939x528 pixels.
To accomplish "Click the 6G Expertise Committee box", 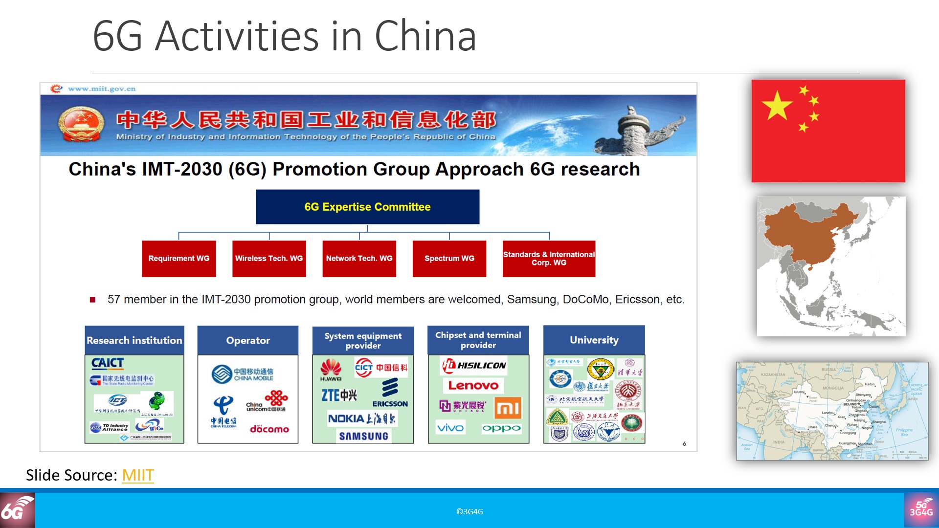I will [x=367, y=207].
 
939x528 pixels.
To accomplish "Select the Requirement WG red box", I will [x=179, y=258].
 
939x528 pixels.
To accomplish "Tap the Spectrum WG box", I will [x=449, y=258].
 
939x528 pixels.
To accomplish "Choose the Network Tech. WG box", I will [x=359, y=258].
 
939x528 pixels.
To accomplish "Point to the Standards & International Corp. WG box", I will [x=549, y=258].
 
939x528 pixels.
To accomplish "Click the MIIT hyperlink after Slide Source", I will [x=138, y=475].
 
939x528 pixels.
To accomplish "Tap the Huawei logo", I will [x=331, y=370].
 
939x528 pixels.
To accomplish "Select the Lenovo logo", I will [x=473, y=385].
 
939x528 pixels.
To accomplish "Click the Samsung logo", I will [x=363, y=436].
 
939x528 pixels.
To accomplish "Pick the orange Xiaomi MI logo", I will [x=508, y=408].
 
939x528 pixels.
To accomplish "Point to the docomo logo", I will [x=269, y=429].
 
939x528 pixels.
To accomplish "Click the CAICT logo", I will [x=108, y=363].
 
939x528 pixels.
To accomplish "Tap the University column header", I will [x=594, y=340].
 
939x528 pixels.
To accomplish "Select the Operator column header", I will [x=247, y=340].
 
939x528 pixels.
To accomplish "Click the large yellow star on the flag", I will [x=777, y=106].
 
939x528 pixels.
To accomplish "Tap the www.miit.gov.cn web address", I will [x=101, y=88].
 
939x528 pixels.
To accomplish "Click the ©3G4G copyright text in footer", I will [x=469, y=511].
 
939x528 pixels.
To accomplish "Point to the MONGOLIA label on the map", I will [x=833, y=388].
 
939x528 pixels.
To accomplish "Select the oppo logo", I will [x=501, y=428].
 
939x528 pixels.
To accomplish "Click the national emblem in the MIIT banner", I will [x=81, y=125].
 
